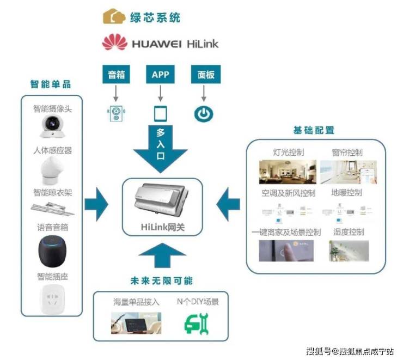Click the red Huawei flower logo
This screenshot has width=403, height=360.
pos(114,42)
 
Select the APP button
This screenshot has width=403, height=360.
pos(160,75)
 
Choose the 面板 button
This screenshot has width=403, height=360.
pos(204,75)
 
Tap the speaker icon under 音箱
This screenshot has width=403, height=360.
pos(115,113)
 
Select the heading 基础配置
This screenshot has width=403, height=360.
pos(314,130)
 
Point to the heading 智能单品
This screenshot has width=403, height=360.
pos(51,84)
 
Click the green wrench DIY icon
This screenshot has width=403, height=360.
pos(196,324)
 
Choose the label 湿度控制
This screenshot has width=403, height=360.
pos(349,232)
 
